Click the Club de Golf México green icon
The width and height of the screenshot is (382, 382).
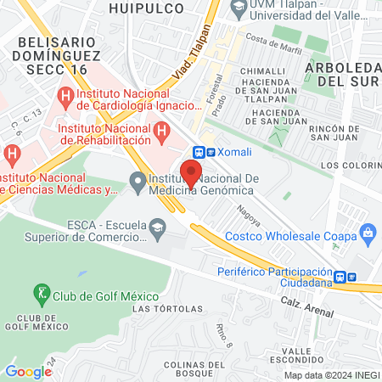tap(40, 295)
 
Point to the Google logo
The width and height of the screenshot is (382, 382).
tap(28, 371)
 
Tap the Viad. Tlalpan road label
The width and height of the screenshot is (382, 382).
tap(188, 65)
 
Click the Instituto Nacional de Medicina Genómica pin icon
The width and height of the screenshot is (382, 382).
tap(136, 180)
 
